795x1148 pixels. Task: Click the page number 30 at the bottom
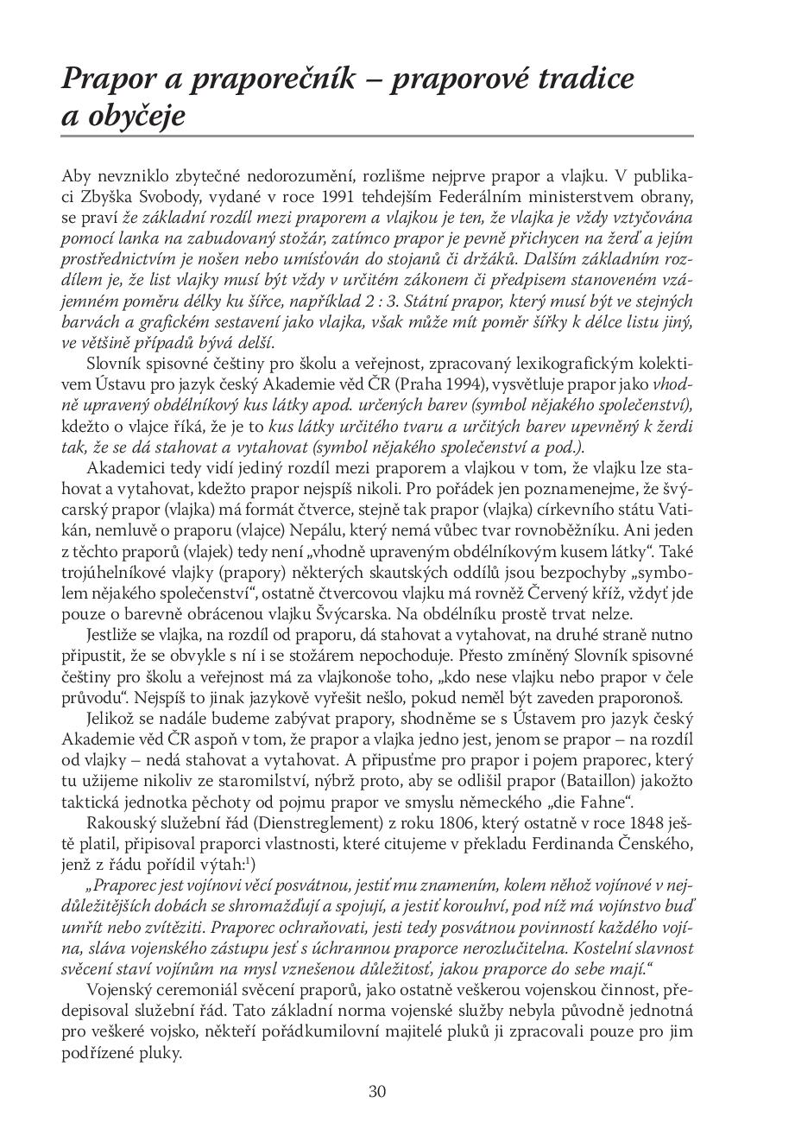377,1091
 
